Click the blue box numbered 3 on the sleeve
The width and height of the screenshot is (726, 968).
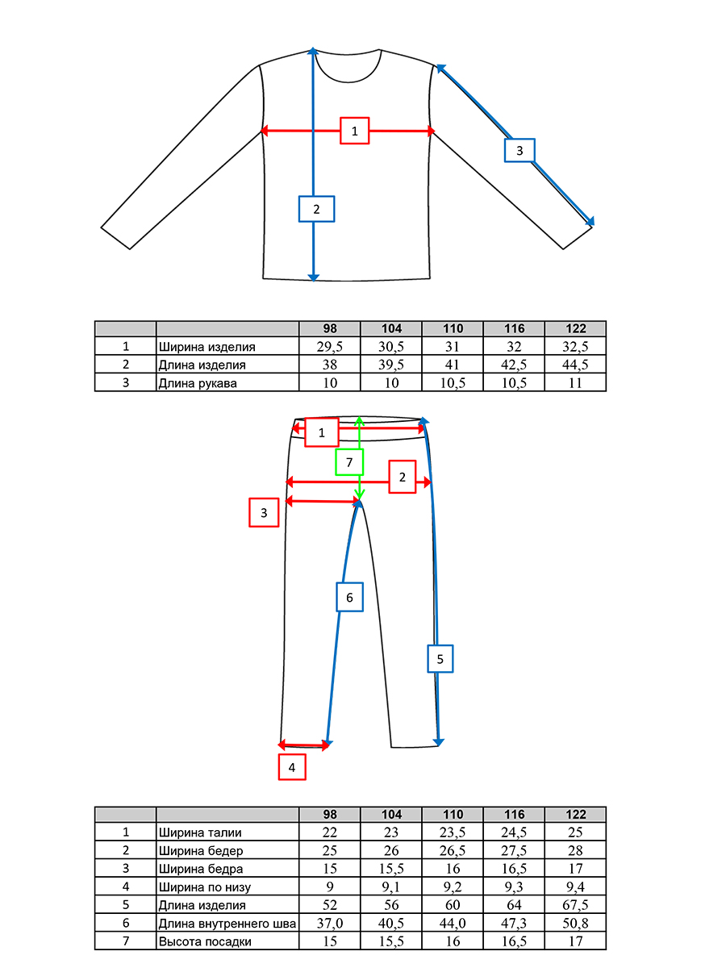coord(519,150)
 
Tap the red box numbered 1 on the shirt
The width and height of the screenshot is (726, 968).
coord(354,131)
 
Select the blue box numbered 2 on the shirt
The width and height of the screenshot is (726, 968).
coord(316,209)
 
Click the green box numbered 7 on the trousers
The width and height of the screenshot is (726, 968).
coord(349,462)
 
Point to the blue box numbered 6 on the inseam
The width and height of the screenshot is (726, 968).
coord(349,597)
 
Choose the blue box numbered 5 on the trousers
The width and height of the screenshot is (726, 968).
coord(440,659)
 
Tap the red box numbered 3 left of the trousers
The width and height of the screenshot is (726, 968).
coord(264,512)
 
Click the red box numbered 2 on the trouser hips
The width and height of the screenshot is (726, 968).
coord(402,477)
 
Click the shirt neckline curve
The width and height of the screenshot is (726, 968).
coord(348,82)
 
